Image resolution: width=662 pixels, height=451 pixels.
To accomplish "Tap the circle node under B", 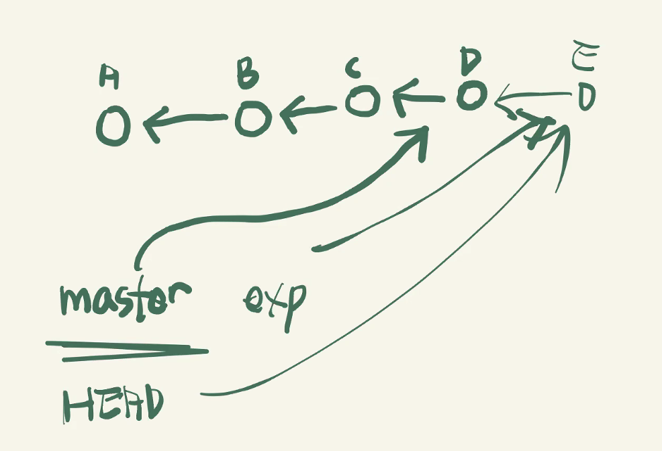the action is pos(253,119).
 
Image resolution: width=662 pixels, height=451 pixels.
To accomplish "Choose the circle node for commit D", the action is pos(471,95).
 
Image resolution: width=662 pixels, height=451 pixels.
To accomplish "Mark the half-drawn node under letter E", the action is pos(586,98).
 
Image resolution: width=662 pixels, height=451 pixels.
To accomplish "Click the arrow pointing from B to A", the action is pos(182,122).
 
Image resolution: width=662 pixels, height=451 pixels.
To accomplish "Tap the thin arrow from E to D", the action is pos(530,99).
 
